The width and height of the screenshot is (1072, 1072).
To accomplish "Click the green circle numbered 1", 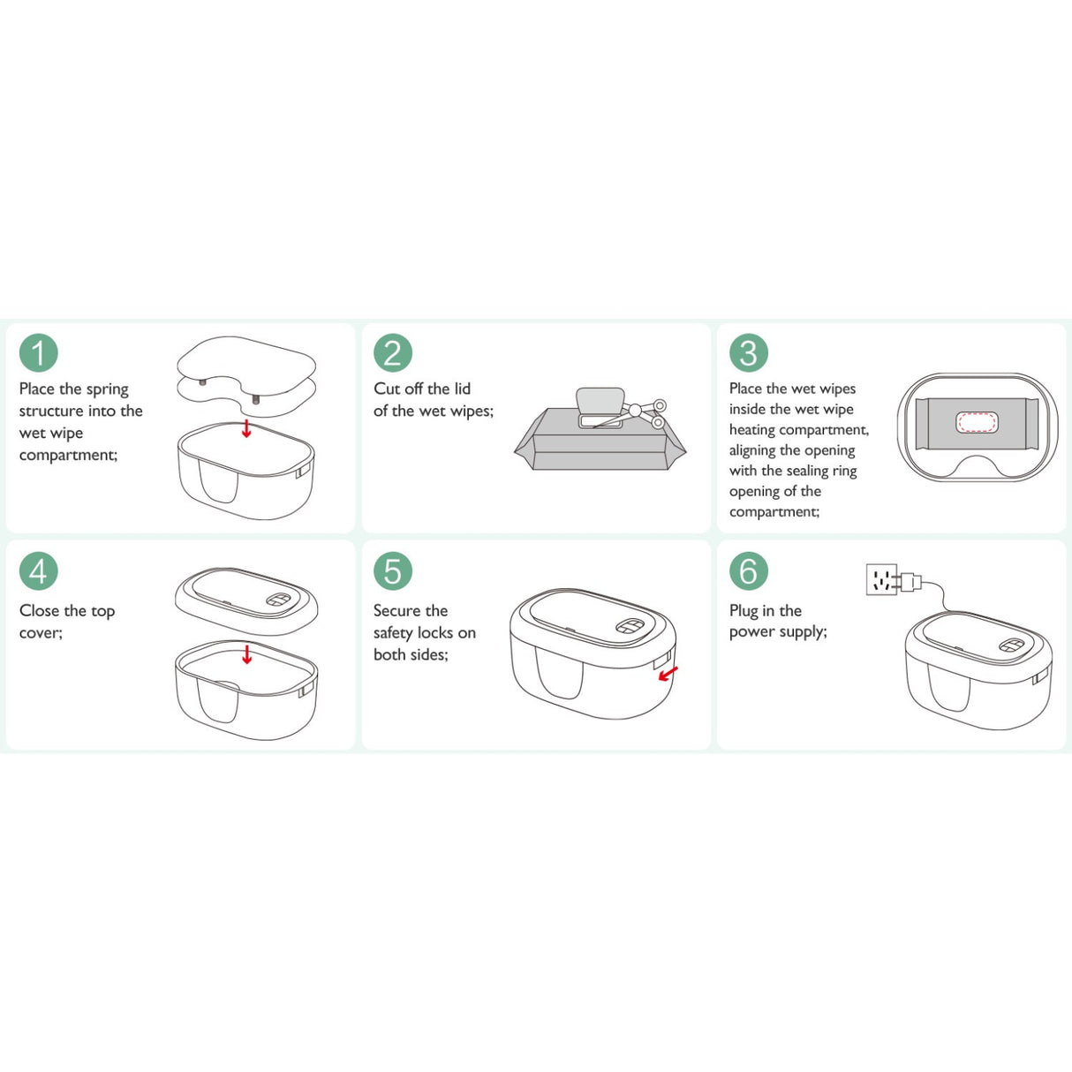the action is (x=38, y=352).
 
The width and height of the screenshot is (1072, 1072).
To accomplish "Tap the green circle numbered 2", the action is (x=393, y=352).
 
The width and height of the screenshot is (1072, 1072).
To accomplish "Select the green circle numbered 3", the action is (x=749, y=352).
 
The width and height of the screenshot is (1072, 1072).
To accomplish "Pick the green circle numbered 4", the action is (x=38, y=570).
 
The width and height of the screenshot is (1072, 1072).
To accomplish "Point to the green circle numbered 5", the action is (x=393, y=570).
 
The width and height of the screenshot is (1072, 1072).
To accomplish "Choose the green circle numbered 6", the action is (x=749, y=570).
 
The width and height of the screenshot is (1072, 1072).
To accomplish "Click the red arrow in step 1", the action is (x=246, y=428).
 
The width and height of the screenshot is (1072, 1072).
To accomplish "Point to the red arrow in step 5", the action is (x=668, y=674).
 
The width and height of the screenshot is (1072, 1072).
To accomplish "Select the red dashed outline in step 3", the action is (x=977, y=422).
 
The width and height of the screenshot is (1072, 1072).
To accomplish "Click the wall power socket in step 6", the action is (x=882, y=579).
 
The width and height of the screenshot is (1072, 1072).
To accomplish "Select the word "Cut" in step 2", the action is (x=386, y=389).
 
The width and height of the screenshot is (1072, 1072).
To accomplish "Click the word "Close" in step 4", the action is (x=39, y=610).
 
